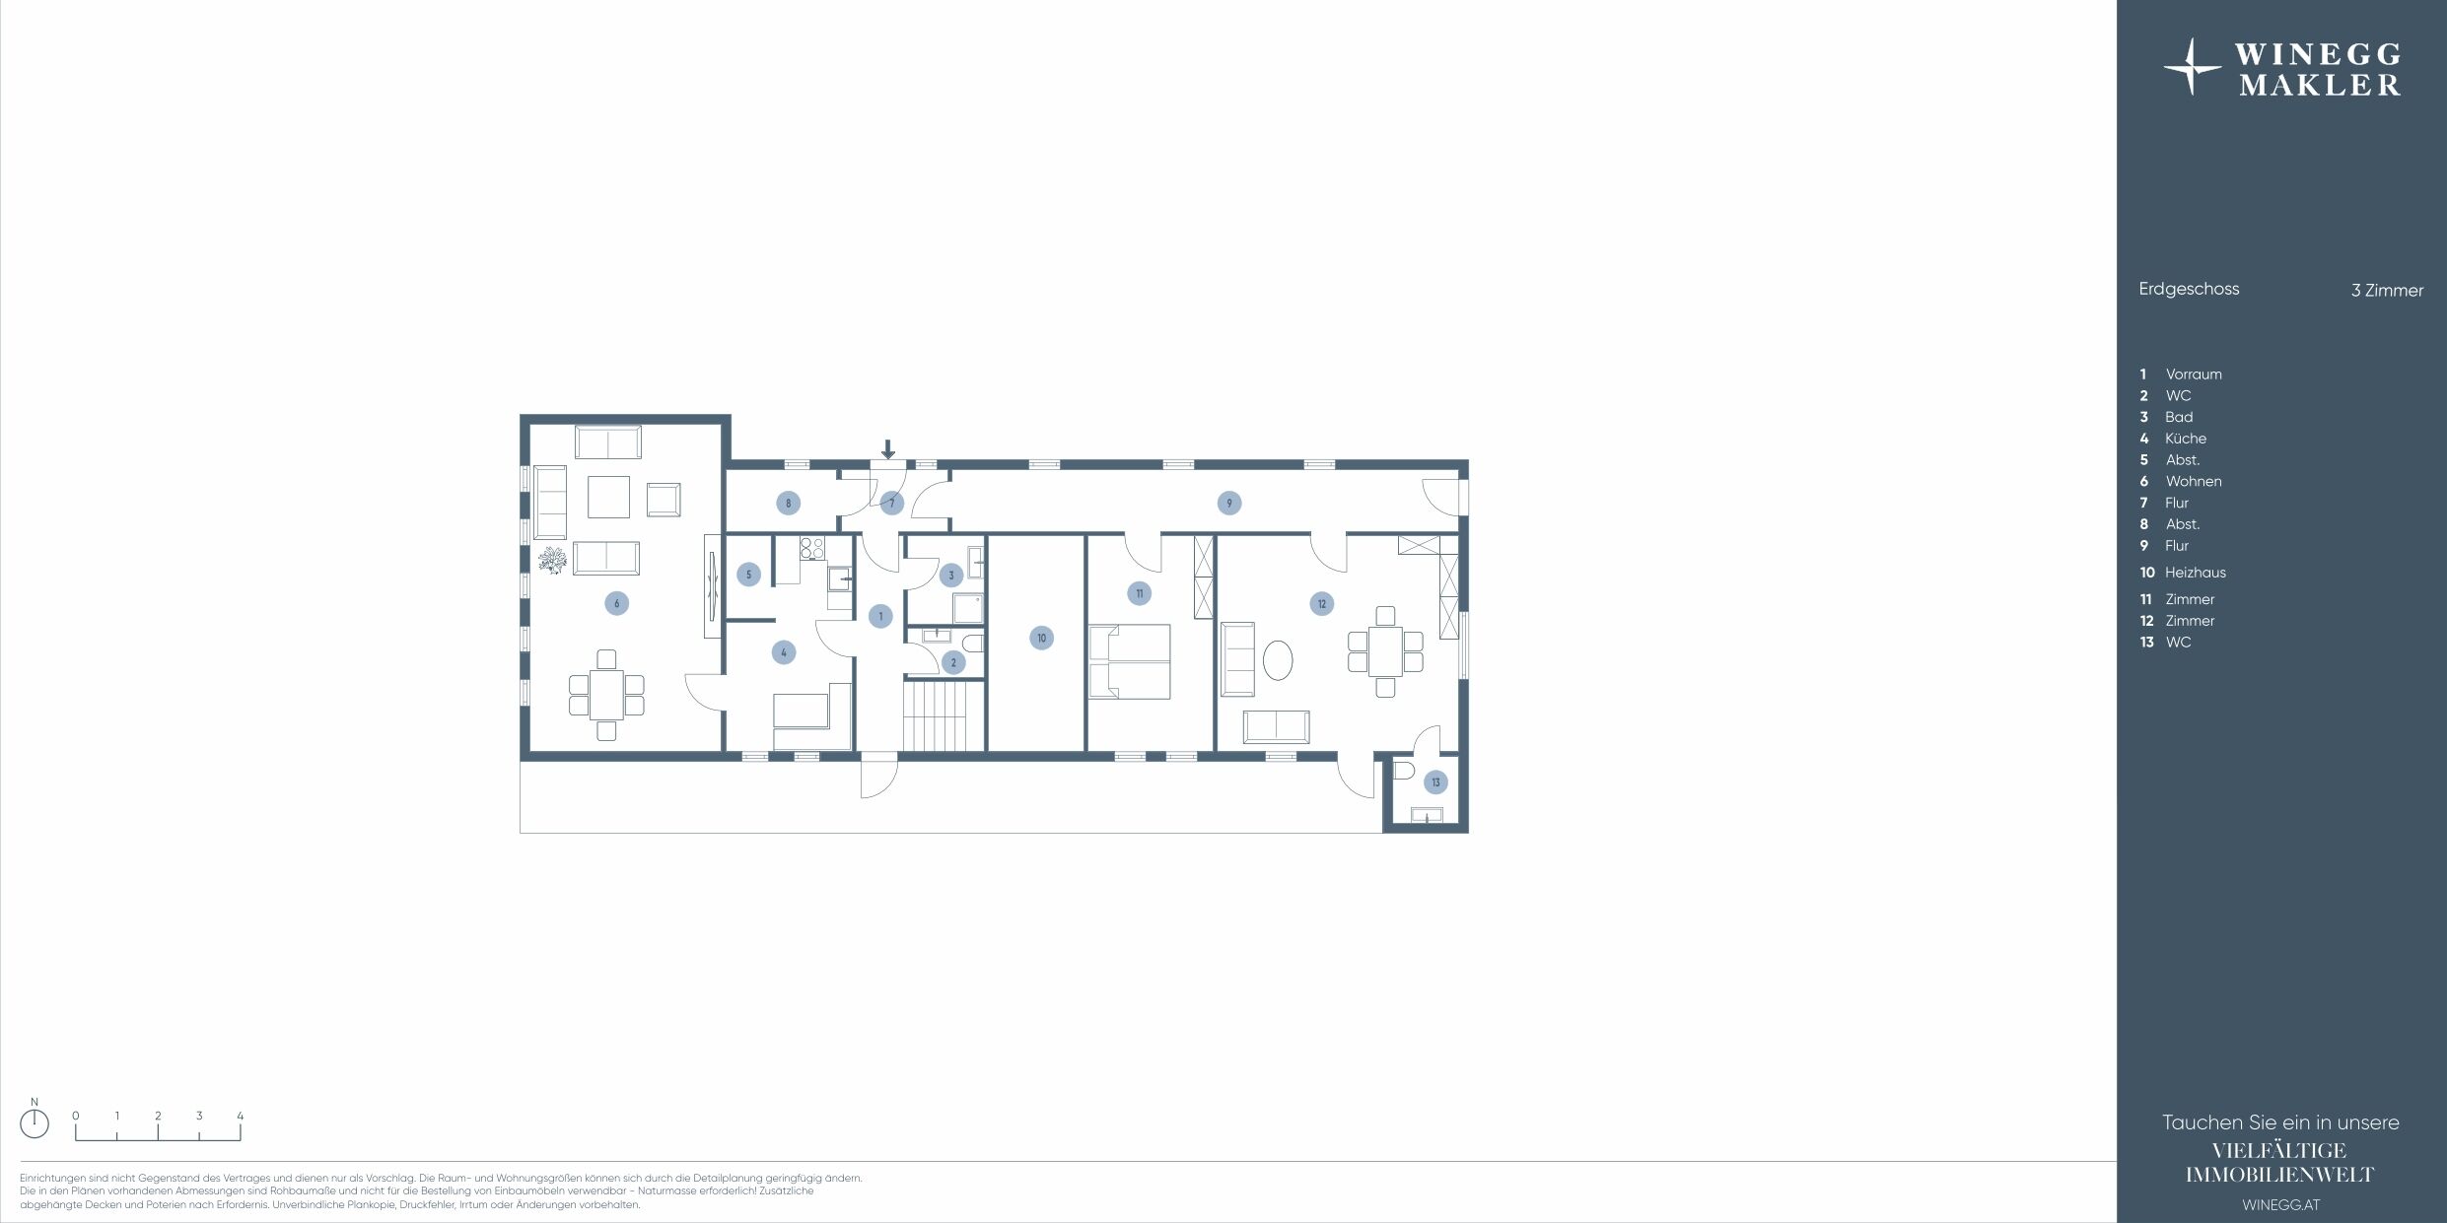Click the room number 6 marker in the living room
click(616, 603)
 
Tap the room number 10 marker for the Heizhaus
click(1041, 638)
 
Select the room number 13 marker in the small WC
click(1435, 782)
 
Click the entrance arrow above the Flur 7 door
click(888, 449)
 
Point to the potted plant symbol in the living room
click(552, 561)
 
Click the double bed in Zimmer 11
click(1129, 661)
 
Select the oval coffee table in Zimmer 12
click(1278, 660)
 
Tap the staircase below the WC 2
click(944, 716)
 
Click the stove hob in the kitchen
click(811, 548)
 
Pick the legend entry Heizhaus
click(2195, 573)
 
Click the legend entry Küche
click(2186, 439)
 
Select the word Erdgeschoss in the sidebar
click(2189, 289)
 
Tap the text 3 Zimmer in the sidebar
click(2387, 291)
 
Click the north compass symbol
click(35, 1122)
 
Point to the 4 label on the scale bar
click(240, 1116)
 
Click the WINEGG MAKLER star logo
click(2192, 67)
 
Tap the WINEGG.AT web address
click(2280, 1204)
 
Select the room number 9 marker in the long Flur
click(1228, 503)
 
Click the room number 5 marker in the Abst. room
click(748, 575)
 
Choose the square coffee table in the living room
click(608, 497)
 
